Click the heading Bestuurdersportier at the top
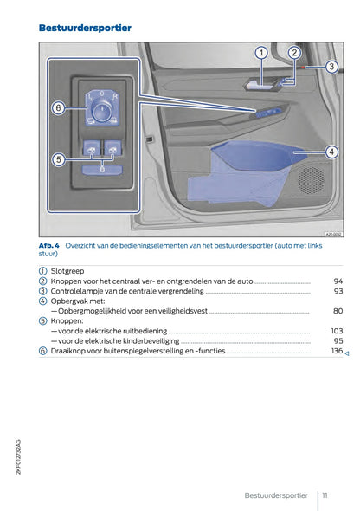pyautogui.click(x=85, y=29)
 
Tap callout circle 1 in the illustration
pyautogui.click(x=261, y=54)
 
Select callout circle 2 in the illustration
pyautogui.click(x=293, y=53)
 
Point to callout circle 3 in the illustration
pyautogui.click(x=330, y=67)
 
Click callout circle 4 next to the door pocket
pyautogui.click(x=331, y=152)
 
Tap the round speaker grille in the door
pyautogui.click(x=310, y=180)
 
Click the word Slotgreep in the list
pyautogui.click(x=68, y=271)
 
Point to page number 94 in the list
pyautogui.click(x=337, y=281)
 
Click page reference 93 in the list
pyautogui.click(x=337, y=291)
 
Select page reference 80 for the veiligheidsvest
pyautogui.click(x=337, y=311)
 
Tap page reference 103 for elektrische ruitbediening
pyautogui.click(x=337, y=331)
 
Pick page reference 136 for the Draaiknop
pyautogui.click(x=337, y=351)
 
